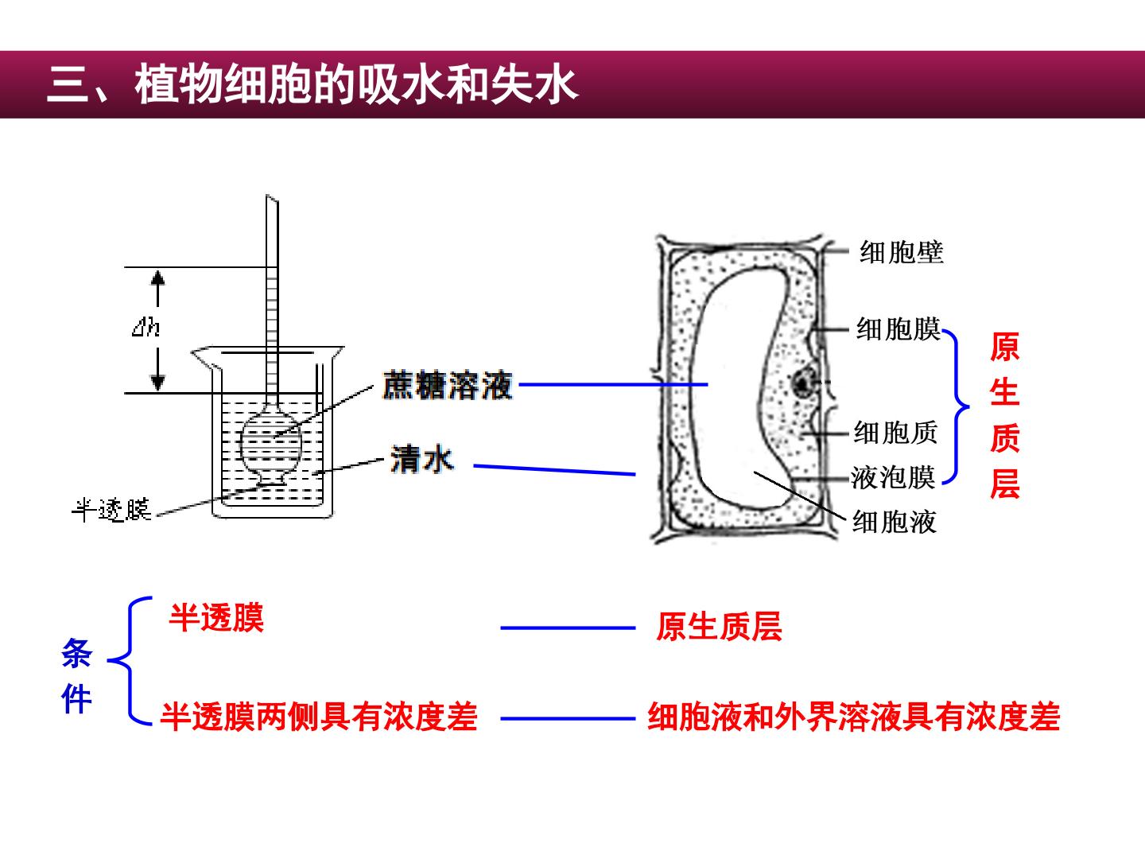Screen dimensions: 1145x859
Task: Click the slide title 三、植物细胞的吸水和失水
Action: [x=312, y=84]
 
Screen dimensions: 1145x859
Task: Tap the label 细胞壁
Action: [x=902, y=253]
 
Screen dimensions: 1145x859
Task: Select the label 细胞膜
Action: [x=899, y=329]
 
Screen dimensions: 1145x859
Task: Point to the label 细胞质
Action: [x=895, y=433]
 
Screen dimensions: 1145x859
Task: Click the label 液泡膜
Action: [x=892, y=478]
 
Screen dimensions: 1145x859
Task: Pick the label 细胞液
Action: [x=894, y=522]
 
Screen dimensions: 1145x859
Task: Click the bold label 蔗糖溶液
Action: [x=448, y=386]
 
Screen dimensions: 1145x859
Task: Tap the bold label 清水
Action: [x=422, y=459]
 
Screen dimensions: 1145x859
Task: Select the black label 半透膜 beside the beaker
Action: [x=111, y=510]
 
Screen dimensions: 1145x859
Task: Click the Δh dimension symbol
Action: [x=146, y=328]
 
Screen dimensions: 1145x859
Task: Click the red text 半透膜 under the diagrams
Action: [x=216, y=618]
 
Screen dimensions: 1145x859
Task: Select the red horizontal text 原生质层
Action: [x=719, y=627]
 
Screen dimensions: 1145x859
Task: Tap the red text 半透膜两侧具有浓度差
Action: [x=318, y=717]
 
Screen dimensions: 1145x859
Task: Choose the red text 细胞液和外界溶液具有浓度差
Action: [x=853, y=717]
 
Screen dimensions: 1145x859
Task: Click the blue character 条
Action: [x=76, y=653]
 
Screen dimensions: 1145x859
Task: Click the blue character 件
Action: [x=76, y=698]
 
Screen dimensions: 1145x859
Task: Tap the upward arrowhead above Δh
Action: [x=157, y=278]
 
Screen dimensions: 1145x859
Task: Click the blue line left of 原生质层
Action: [x=568, y=628]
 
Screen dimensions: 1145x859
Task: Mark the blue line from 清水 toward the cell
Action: [x=554, y=470]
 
